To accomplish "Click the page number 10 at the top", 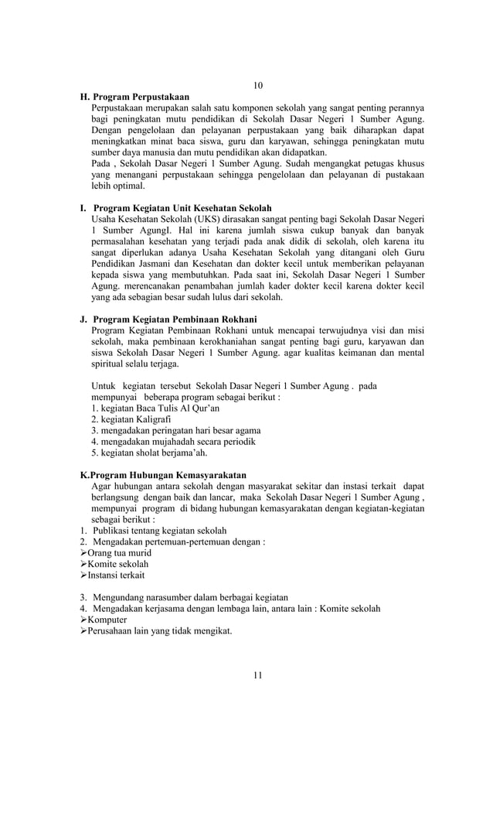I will pyautogui.click(x=258, y=84).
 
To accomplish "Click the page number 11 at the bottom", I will pyautogui.click(x=258, y=675).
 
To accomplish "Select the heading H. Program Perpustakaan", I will pyautogui.click(x=135, y=97).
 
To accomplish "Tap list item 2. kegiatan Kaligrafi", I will pyautogui.click(x=131, y=419).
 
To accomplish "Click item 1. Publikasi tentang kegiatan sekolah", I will pyautogui.click(x=154, y=531).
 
